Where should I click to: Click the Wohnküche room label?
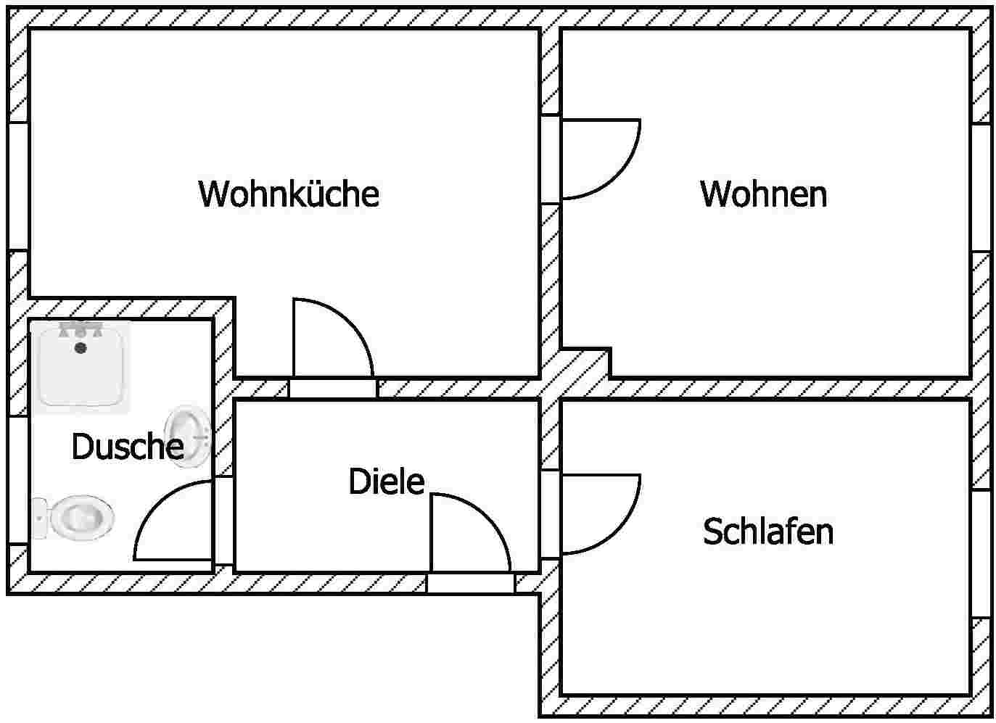click(x=289, y=194)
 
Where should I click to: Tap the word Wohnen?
click(x=763, y=194)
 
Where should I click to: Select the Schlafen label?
click(x=767, y=532)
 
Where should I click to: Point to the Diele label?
click(x=386, y=482)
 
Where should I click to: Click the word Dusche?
click(x=127, y=447)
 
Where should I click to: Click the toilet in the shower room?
click(x=80, y=516)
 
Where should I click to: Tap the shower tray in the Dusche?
click(x=80, y=367)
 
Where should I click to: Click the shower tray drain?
click(x=81, y=348)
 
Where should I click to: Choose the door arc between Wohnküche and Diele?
click(x=332, y=339)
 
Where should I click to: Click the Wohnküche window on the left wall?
click(x=17, y=186)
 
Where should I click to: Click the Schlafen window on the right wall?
click(x=981, y=553)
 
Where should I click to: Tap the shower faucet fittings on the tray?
click(x=80, y=330)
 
